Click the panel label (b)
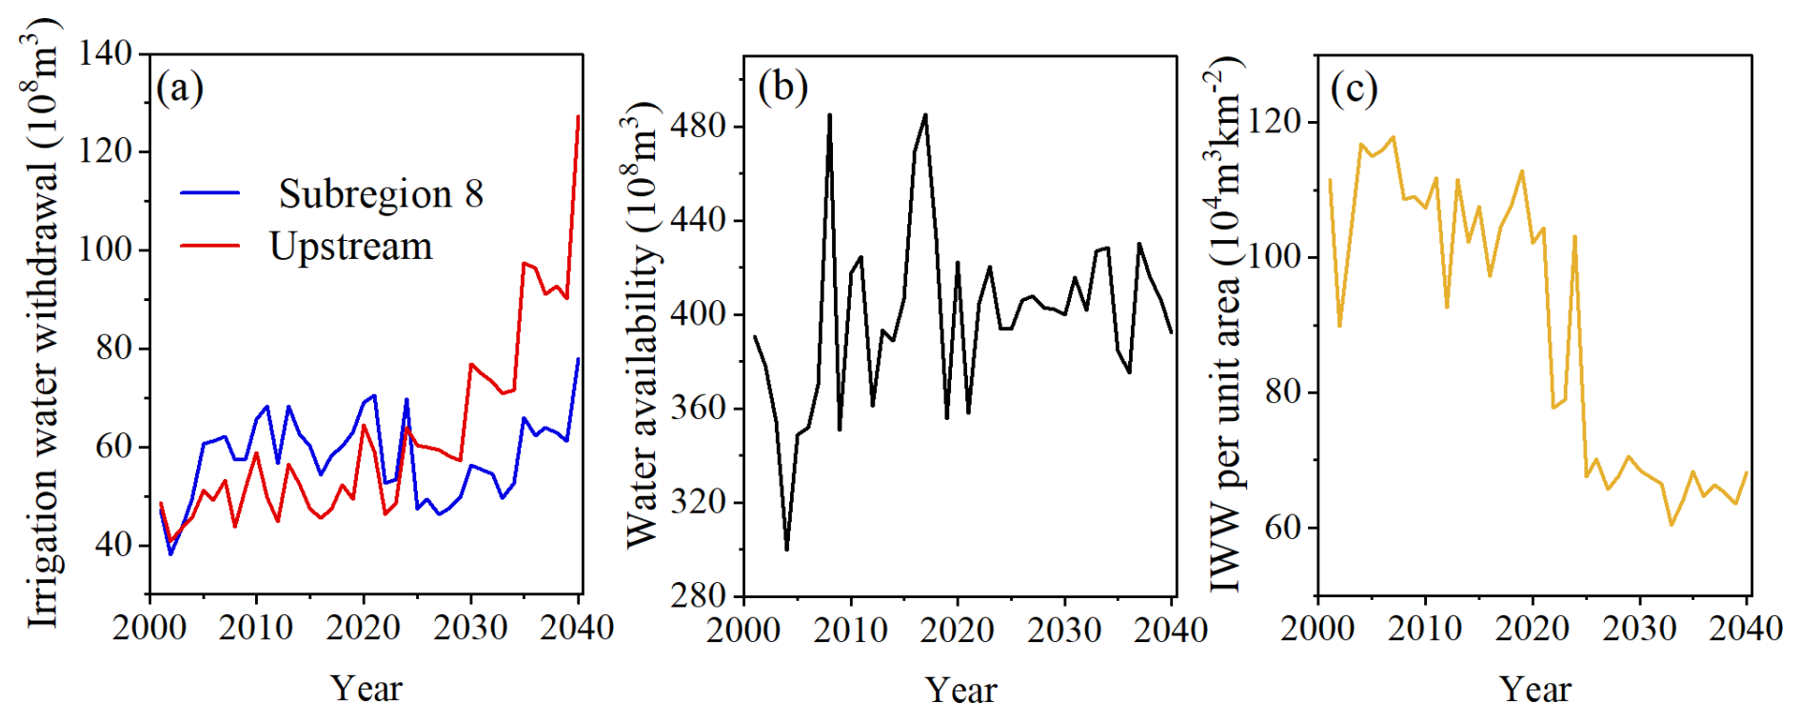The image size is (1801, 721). [x=782, y=87]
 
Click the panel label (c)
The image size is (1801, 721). [x=1354, y=89]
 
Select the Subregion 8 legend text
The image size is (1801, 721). [x=381, y=193]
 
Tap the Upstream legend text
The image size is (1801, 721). [x=350, y=247]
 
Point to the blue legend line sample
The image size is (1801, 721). [x=210, y=193]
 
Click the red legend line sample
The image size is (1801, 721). [x=210, y=246]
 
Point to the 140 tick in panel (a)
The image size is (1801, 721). [x=106, y=52]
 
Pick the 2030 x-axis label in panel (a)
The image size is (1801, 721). [x=470, y=628]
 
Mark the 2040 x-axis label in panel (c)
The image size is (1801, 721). [x=1746, y=629]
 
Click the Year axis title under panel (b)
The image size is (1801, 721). [x=961, y=691]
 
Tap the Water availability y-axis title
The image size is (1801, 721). [x=643, y=325]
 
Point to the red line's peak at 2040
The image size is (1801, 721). [x=578, y=116]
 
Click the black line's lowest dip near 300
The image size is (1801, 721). [x=786, y=550]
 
